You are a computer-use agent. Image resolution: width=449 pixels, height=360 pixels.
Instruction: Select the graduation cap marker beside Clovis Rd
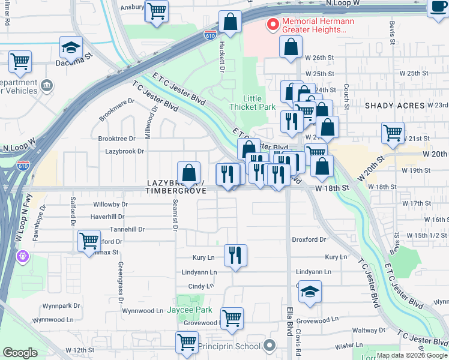[x=310, y=292]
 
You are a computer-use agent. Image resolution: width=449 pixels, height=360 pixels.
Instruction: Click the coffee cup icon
[x=438, y=7]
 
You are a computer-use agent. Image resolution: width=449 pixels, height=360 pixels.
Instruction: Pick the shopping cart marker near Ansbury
[x=157, y=11]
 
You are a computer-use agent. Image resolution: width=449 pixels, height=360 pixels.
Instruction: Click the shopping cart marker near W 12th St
[x=187, y=343]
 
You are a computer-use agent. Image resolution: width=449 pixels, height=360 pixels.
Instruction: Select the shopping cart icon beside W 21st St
[x=393, y=133]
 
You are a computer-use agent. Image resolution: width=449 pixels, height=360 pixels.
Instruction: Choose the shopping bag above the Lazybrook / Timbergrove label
[x=189, y=173]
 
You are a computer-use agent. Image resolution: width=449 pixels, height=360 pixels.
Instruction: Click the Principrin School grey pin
[x=270, y=346]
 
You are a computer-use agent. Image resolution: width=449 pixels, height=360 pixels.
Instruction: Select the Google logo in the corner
[x=20, y=352]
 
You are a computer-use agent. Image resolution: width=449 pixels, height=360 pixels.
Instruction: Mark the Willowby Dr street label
[x=110, y=204]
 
